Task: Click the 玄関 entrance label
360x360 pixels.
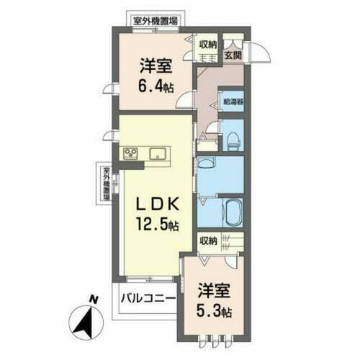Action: tap(232, 55)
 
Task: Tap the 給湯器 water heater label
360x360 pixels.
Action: tap(232, 102)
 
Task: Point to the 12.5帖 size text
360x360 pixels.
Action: tap(156, 225)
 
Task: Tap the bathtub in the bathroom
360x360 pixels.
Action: tap(233, 214)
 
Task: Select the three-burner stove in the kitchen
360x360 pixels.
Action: tap(131, 153)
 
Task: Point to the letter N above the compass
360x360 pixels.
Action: tap(92, 299)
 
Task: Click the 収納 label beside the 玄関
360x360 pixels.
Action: tap(209, 44)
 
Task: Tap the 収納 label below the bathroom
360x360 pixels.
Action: tap(209, 240)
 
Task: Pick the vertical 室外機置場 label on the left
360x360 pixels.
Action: tap(105, 183)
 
